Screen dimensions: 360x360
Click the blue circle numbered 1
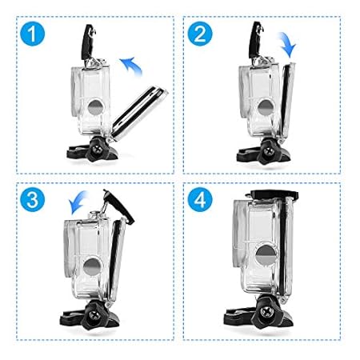(x=33, y=34)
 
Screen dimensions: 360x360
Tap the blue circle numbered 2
(x=200, y=34)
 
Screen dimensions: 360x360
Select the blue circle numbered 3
(x=33, y=200)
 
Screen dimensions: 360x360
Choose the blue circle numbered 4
(x=200, y=200)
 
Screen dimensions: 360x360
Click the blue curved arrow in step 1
(x=131, y=66)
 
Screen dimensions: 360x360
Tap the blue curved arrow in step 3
(x=77, y=202)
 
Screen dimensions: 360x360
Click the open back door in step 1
(x=138, y=114)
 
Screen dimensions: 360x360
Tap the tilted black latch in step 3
(x=119, y=206)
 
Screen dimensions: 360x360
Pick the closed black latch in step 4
(x=274, y=194)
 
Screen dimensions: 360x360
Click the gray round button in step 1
(x=95, y=107)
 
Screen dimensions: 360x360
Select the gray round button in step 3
(x=92, y=266)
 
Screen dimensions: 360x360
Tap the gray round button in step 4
(x=266, y=254)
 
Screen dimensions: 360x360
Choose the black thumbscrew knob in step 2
(x=267, y=151)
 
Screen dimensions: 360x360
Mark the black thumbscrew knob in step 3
(x=94, y=314)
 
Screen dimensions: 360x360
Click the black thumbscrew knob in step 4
(x=266, y=311)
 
